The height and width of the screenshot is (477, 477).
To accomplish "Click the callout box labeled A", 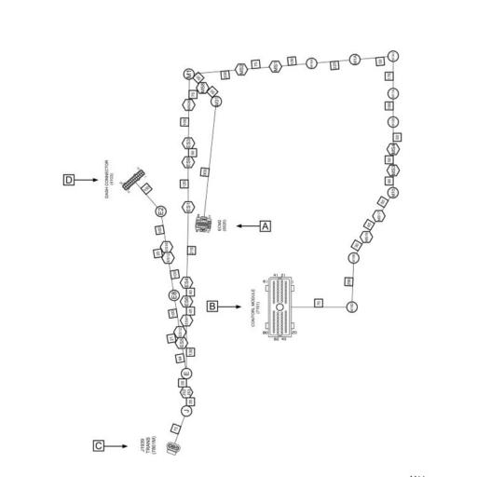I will coord(266,225).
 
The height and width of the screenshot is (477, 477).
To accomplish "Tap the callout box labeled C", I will coord(99,446).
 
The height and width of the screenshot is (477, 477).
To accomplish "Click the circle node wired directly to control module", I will coord(352,306).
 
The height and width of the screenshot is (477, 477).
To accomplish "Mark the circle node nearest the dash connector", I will coord(160,211).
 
